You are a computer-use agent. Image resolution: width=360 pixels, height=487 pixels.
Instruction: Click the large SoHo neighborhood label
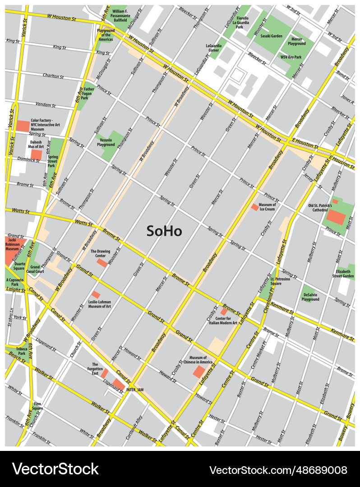coord(164,231)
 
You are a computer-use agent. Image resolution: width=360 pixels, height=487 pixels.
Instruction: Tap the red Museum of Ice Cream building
coord(255,207)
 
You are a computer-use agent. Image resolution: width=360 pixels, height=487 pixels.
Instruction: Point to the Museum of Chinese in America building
coord(198,372)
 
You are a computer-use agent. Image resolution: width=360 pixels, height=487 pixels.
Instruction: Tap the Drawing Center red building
coord(102,262)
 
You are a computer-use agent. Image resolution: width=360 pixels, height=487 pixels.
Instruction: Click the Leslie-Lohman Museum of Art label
coord(100,304)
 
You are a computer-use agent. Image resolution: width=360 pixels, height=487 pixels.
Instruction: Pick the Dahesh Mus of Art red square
coord(36,155)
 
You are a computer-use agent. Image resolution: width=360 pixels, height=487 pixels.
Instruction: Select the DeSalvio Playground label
coord(310,297)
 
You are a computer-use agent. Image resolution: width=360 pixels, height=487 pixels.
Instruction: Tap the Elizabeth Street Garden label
coord(343,273)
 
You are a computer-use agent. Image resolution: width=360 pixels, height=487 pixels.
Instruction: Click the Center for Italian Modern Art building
coord(224,312)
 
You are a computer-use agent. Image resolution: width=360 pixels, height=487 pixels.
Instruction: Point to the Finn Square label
coord(37,406)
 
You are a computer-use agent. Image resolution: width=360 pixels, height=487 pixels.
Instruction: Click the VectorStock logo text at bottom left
coord(55,469)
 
